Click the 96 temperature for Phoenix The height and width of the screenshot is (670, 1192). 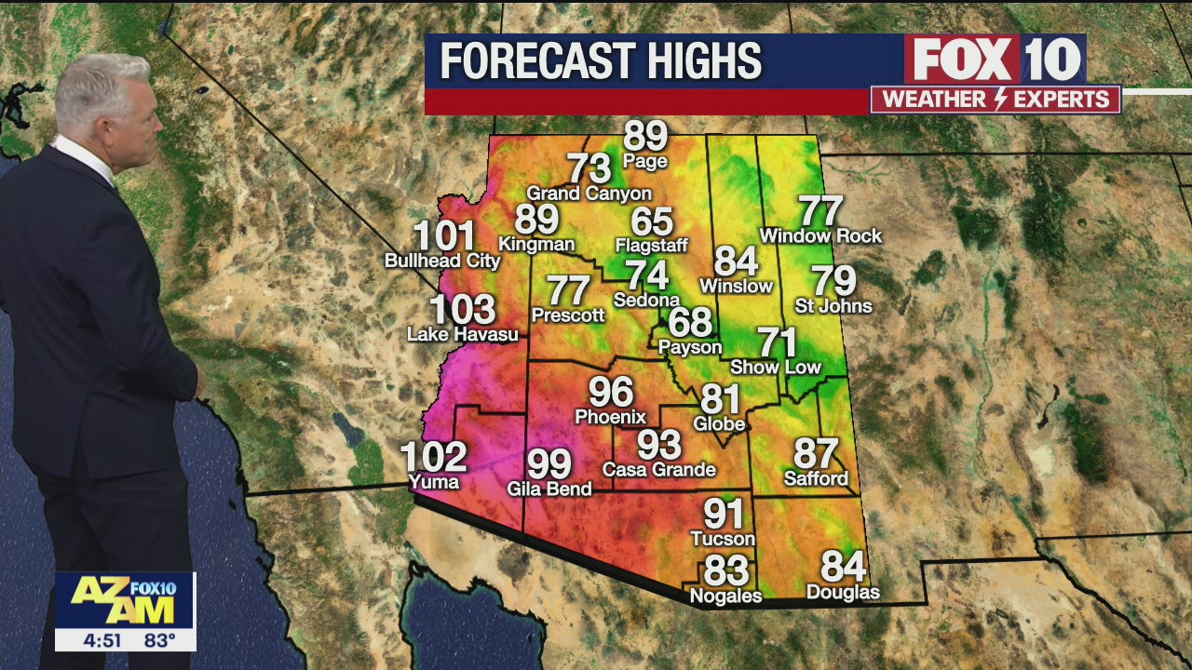[611, 393]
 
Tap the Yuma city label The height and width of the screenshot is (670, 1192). [434, 482]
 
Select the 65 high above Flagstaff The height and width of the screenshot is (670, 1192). [652, 222]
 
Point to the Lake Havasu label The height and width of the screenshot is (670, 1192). [463, 334]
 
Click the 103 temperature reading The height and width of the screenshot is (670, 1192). [462, 309]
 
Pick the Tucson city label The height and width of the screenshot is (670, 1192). [723, 539]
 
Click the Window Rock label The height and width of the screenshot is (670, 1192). [820, 236]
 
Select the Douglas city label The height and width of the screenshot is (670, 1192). [843, 593]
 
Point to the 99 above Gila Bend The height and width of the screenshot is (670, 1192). [549, 463]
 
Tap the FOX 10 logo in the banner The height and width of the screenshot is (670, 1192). [996, 60]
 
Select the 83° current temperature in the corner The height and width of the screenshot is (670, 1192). [160, 640]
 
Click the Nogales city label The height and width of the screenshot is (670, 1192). [725, 596]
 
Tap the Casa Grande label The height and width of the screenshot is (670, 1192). [659, 470]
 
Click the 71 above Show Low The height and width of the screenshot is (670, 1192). [777, 342]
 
